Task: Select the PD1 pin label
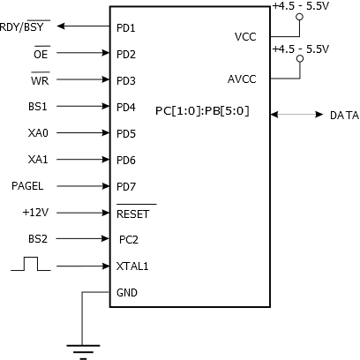(126, 28)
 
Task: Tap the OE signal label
(41, 54)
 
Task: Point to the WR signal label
(40, 80)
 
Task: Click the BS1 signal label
(38, 106)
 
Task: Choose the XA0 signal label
(38, 133)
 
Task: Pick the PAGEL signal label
(27, 186)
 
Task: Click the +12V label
(35, 212)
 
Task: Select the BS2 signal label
(38, 238)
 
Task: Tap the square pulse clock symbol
(31, 264)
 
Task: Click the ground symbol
(83, 352)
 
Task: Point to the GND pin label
(127, 293)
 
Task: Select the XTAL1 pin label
(132, 266)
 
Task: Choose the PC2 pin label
(129, 240)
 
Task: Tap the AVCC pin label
(242, 79)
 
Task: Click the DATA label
(344, 116)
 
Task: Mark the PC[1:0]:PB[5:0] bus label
(202, 111)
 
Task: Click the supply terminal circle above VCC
(299, 17)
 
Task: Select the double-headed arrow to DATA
(296, 115)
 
